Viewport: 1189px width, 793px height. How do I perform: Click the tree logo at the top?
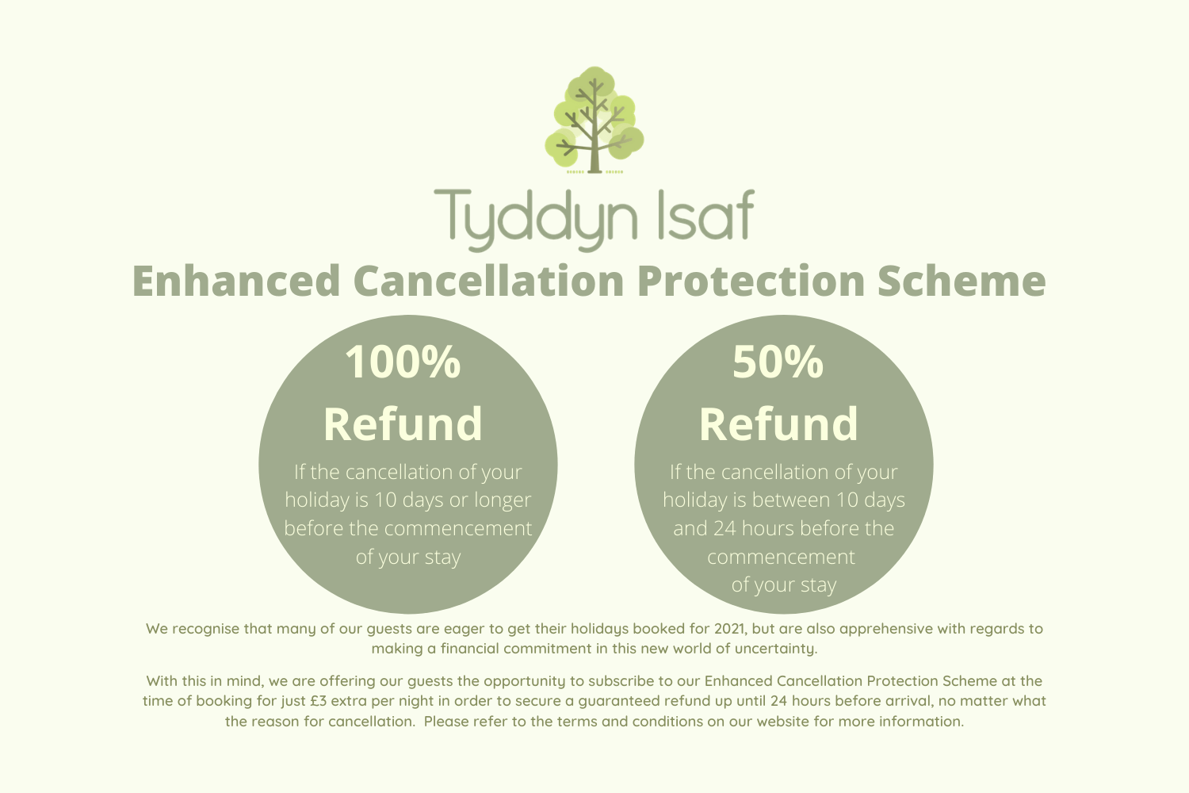pyautogui.click(x=594, y=120)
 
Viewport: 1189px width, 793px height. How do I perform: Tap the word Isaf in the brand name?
pyautogui.click(x=706, y=213)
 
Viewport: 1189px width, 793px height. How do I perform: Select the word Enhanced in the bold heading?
pyautogui.click(x=236, y=281)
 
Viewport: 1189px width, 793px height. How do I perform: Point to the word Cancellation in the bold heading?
pyautogui.click(x=488, y=281)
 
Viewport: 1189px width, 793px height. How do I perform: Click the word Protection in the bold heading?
pyautogui.click(x=751, y=281)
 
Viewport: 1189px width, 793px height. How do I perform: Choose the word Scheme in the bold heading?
pyautogui.click(x=962, y=281)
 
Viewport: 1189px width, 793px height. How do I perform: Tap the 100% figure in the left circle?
pyautogui.click(x=403, y=362)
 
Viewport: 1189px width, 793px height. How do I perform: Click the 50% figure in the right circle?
pyautogui.click(x=778, y=362)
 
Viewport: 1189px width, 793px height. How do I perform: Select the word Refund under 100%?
pyautogui.click(x=403, y=423)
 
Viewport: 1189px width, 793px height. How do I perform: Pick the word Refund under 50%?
pyautogui.click(x=778, y=423)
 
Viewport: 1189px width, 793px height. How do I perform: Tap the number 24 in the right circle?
pyautogui.click(x=724, y=528)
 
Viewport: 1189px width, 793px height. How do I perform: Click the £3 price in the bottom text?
pyautogui.click(x=319, y=701)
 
